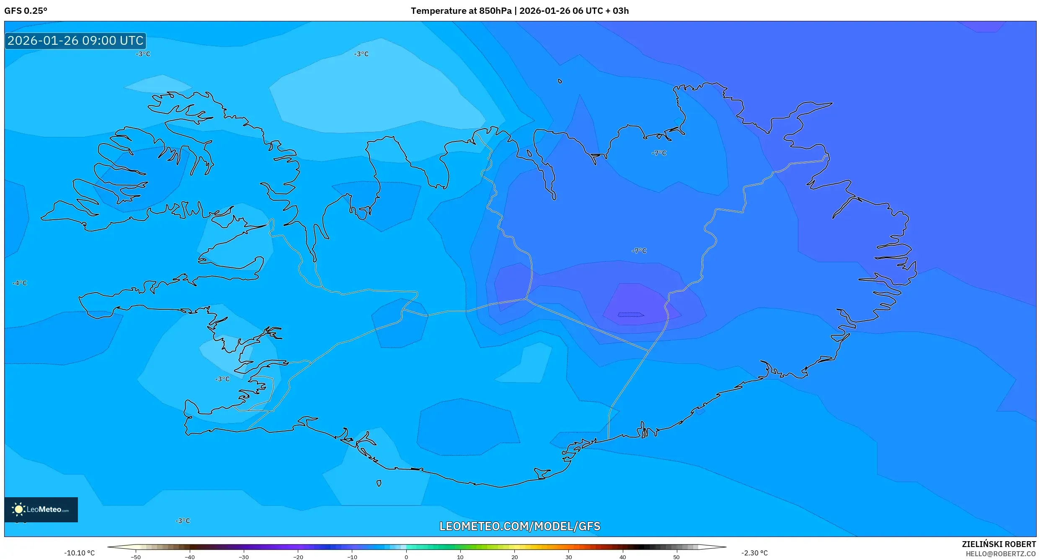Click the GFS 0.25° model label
click(x=26, y=11)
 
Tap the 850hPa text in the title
click(x=495, y=11)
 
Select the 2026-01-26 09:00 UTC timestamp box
click(x=75, y=41)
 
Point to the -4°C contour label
click(x=20, y=283)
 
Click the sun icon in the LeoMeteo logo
click(x=18, y=509)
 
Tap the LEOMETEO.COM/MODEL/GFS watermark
click(x=520, y=526)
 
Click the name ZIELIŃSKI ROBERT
click(x=999, y=544)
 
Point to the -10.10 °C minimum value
click(x=79, y=553)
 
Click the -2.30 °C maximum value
click(x=754, y=553)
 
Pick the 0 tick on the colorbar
click(x=406, y=557)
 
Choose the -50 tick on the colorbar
click(x=136, y=557)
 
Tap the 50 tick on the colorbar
click(x=676, y=557)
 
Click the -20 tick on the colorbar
click(x=298, y=557)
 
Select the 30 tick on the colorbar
click(x=568, y=557)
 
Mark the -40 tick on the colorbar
click(x=190, y=557)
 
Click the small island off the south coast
click(x=379, y=483)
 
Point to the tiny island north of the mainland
click(x=560, y=81)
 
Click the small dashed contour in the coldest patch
click(x=631, y=315)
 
